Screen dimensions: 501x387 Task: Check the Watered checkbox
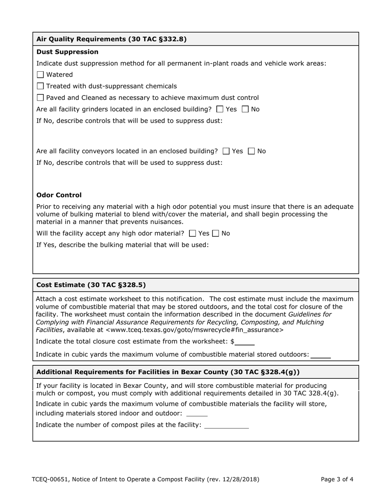40,75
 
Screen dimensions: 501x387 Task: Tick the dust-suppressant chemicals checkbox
40,86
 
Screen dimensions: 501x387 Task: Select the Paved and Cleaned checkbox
40,98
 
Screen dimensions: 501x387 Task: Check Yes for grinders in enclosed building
220,109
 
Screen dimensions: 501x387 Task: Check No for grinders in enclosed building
245,109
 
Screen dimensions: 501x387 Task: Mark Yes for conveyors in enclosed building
226,151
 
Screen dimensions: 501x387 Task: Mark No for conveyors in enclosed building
252,151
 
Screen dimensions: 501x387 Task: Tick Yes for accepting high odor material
193,233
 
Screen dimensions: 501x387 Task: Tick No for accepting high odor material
216,233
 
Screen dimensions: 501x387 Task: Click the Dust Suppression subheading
67,52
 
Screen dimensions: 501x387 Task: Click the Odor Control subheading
59,195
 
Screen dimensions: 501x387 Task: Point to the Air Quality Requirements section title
111,39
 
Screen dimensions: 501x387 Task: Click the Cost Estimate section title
91,285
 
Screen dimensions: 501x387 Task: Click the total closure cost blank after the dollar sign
245,342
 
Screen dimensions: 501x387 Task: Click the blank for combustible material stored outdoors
321,354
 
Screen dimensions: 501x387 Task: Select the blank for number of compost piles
226,425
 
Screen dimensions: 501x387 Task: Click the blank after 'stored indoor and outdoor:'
197,413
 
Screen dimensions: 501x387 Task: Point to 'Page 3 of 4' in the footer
337,479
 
